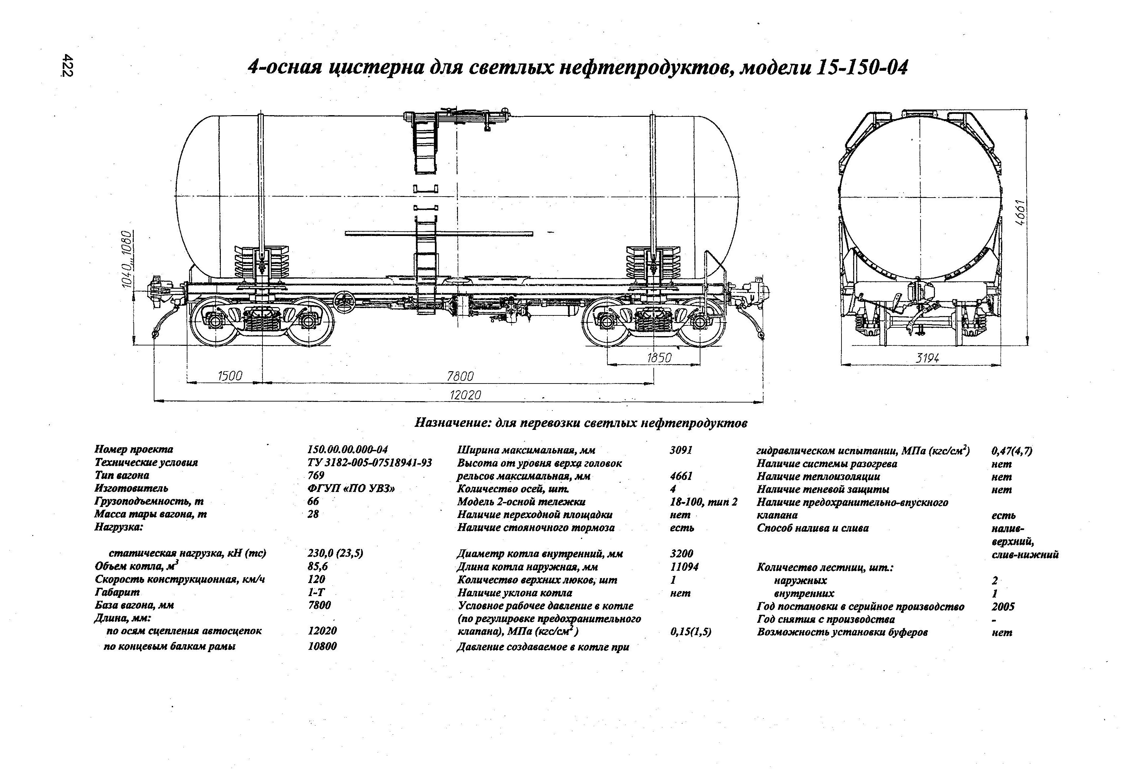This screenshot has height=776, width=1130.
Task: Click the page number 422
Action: [x=67, y=66]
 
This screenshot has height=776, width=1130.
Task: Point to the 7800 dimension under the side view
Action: [x=460, y=376]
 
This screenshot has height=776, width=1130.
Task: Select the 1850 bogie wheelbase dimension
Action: [x=659, y=357]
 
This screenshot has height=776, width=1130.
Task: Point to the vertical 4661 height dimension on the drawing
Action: [x=1021, y=212]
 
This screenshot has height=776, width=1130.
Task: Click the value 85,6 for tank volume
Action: [x=318, y=566]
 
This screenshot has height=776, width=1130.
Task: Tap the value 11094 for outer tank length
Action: [x=684, y=566]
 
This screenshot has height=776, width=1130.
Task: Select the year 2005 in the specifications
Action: [x=1003, y=606]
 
